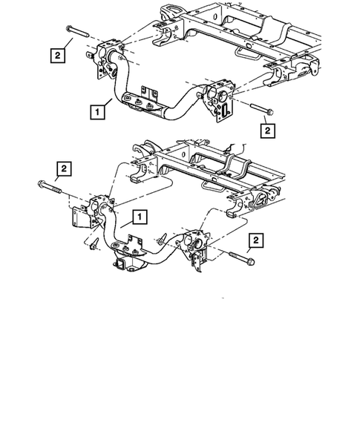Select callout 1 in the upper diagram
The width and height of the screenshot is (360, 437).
[x=96, y=113]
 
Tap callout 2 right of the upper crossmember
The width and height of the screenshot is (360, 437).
[x=268, y=131]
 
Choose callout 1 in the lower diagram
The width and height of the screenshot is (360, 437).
[x=138, y=217]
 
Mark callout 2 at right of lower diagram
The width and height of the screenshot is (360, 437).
[x=256, y=240]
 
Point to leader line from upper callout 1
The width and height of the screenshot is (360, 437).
[x=108, y=106]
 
